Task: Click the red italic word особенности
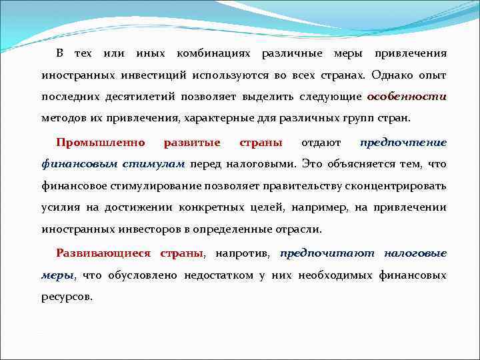click(407, 97)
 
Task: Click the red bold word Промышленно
click(101, 143)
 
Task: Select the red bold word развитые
click(192, 143)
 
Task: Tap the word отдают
click(321, 143)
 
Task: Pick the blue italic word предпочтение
click(403, 143)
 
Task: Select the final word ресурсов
click(67, 297)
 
